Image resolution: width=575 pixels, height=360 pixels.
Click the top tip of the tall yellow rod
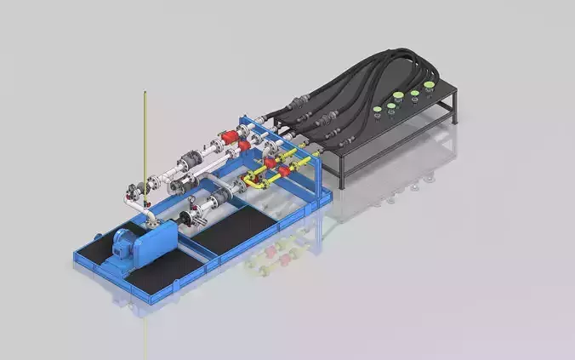[x=145, y=93]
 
